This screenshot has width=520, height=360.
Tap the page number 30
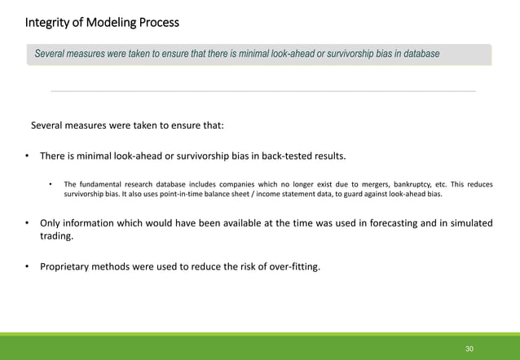click(469, 349)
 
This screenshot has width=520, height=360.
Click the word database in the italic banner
click(417, 54)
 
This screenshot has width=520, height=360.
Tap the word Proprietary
click(68, 265)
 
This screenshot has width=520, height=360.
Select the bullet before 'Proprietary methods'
click(27, 265)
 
